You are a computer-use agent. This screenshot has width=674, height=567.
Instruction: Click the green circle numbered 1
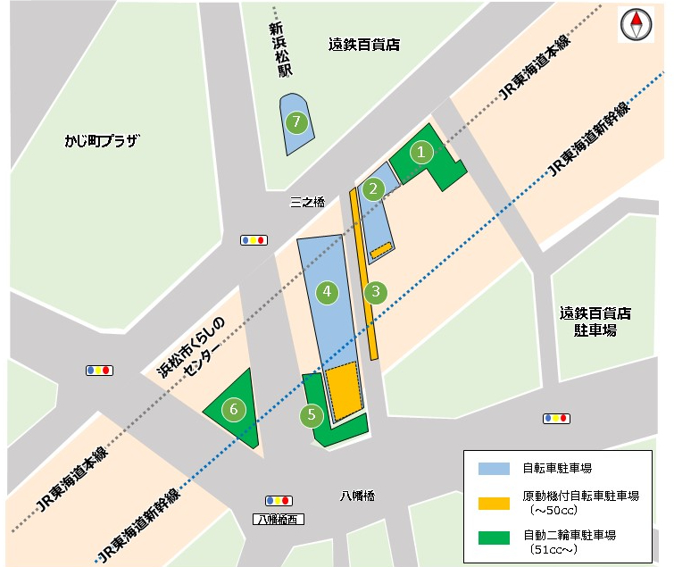click(420, 152)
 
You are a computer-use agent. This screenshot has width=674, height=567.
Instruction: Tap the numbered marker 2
click(373, 188)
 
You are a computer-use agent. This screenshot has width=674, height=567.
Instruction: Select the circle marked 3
click(377, 291)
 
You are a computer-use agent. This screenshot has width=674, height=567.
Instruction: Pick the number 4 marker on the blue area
click(328, 291)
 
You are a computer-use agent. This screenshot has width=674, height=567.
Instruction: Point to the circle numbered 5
click(312, 414)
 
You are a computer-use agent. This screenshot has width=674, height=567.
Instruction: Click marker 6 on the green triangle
click(234, 410)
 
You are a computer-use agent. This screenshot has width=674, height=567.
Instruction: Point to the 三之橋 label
click(307, 203)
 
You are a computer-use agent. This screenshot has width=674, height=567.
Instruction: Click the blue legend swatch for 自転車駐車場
click(494, 468)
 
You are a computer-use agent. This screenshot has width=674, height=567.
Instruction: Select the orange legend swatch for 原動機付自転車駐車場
click(494, 503)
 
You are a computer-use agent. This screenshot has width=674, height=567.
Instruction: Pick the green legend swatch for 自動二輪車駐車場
click(494, 538)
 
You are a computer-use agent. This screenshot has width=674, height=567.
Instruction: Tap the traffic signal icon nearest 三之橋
click(254, 239)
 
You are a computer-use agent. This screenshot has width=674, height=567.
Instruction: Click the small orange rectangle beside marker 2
click(382, 249)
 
